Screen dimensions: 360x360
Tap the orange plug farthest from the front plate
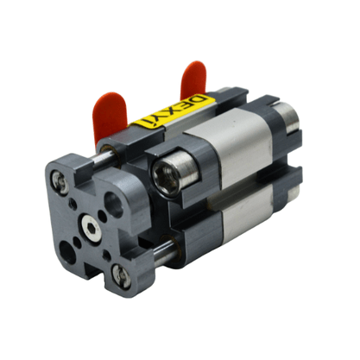click(x=193, y=79)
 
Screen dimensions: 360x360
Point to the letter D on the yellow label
click(x=200, y=102)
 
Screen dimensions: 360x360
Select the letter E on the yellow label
click(x=186, y=108)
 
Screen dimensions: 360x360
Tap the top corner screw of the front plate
click(x=60, y=182)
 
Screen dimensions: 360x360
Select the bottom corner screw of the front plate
click(x=121, y=276)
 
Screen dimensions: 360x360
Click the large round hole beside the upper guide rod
click(x=113, y=205)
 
